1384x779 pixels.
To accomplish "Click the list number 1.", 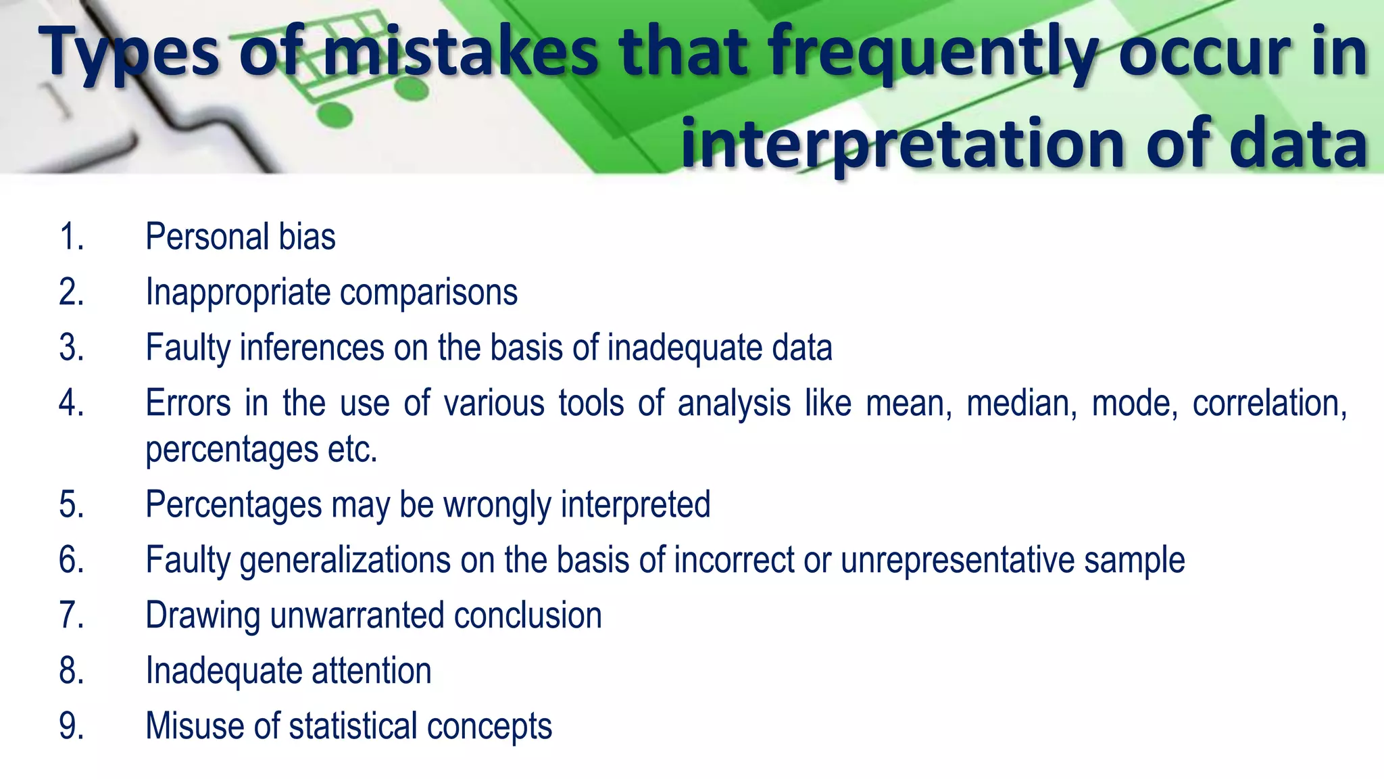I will (x=72, y=237).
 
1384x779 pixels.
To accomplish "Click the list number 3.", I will (x=72, y=348).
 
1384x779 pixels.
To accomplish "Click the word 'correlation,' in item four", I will (x=1269, y=404).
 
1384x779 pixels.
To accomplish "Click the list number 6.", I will (x=72, y=561).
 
